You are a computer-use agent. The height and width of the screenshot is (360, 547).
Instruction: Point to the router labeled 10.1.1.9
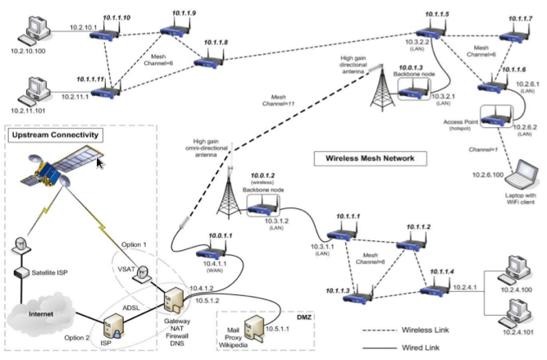[x=173, y=32]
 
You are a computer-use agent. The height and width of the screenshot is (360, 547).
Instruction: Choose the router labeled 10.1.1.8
[x=204, y=58]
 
